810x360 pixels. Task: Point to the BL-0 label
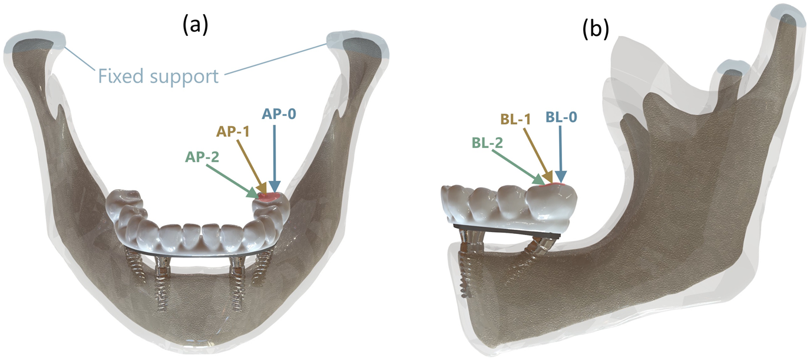(561, 117)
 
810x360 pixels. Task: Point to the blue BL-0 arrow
(561, 153)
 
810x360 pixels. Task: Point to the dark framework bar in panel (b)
(507, 230)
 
